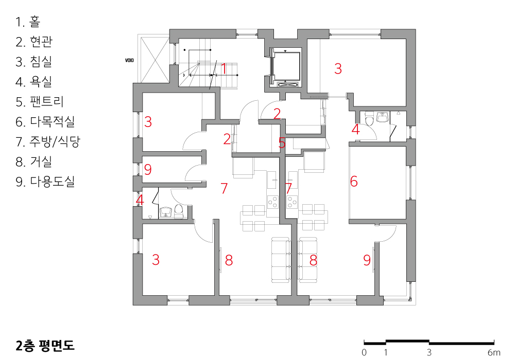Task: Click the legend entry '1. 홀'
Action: pyautogui.click(x=28, y=22)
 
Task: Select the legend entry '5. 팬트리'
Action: pyautogui.click(x=40, y=102)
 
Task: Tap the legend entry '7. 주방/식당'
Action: pyautogui.click(x=48, y=141)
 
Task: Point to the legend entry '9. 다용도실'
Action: pyautogui.click(x=45, y=182)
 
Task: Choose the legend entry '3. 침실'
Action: pyautogui.click(x=34, y=62)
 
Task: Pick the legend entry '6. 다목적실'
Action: pyautogui.click(x=45, y=122)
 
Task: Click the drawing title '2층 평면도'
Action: pyautogui.click(x=45, y=346)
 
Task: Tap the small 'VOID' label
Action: pyautogui.click(x=129, y=60)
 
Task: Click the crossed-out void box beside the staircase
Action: pyautogui.click(x=154, y=60)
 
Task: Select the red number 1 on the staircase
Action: pyautogui.click(x=224, y=69)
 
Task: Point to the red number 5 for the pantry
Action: pyautogui.click(x=282, y=143)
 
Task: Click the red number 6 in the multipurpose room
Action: pyautogui.click(x=354, y=182)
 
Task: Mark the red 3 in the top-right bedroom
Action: pyautogui.click(x=338, y=68)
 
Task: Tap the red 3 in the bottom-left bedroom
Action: pyautogui.click(x=156, y=260)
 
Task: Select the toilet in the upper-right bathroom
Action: pyautogui.click(x=369, y=119)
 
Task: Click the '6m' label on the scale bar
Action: pyautogui.click(x=494, y=353)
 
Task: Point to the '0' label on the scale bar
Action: pyautogui.click(x=364, y=353)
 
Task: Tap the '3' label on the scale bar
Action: pyautogui.click(x=430, y=353)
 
